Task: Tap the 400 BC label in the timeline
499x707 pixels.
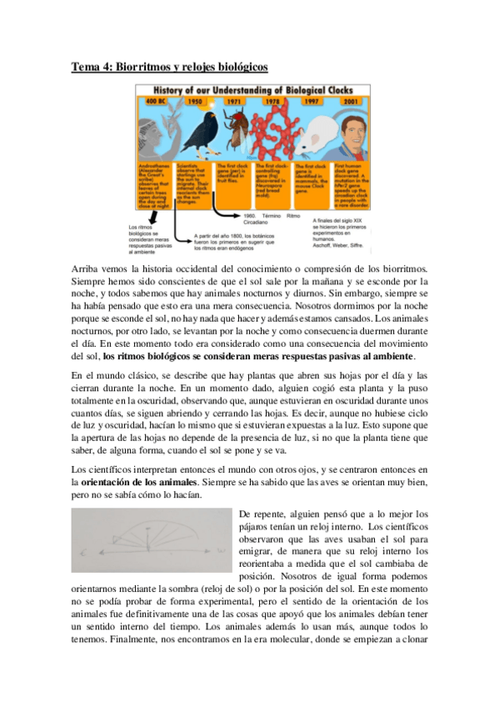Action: [x=157, y=102]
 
